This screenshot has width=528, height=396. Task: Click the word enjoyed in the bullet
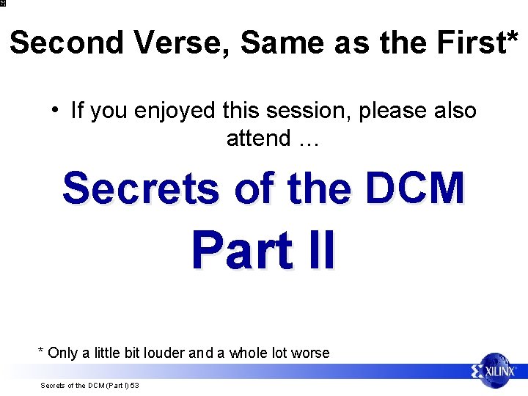click(x=175, y=111)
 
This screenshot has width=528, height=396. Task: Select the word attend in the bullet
click(x=259, y=137)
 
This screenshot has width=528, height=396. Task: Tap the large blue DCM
click(x=415, y=188)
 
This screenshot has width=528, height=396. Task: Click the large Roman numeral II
click(x=320, y=251)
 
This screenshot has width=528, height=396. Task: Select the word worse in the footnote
click(x=310, y=353)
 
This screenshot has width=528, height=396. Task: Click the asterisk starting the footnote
click(x=41, y=351)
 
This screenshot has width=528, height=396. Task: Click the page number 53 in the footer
click(x=135, y=386)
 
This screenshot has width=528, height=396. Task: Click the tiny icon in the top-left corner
click(x=3, y=3)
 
